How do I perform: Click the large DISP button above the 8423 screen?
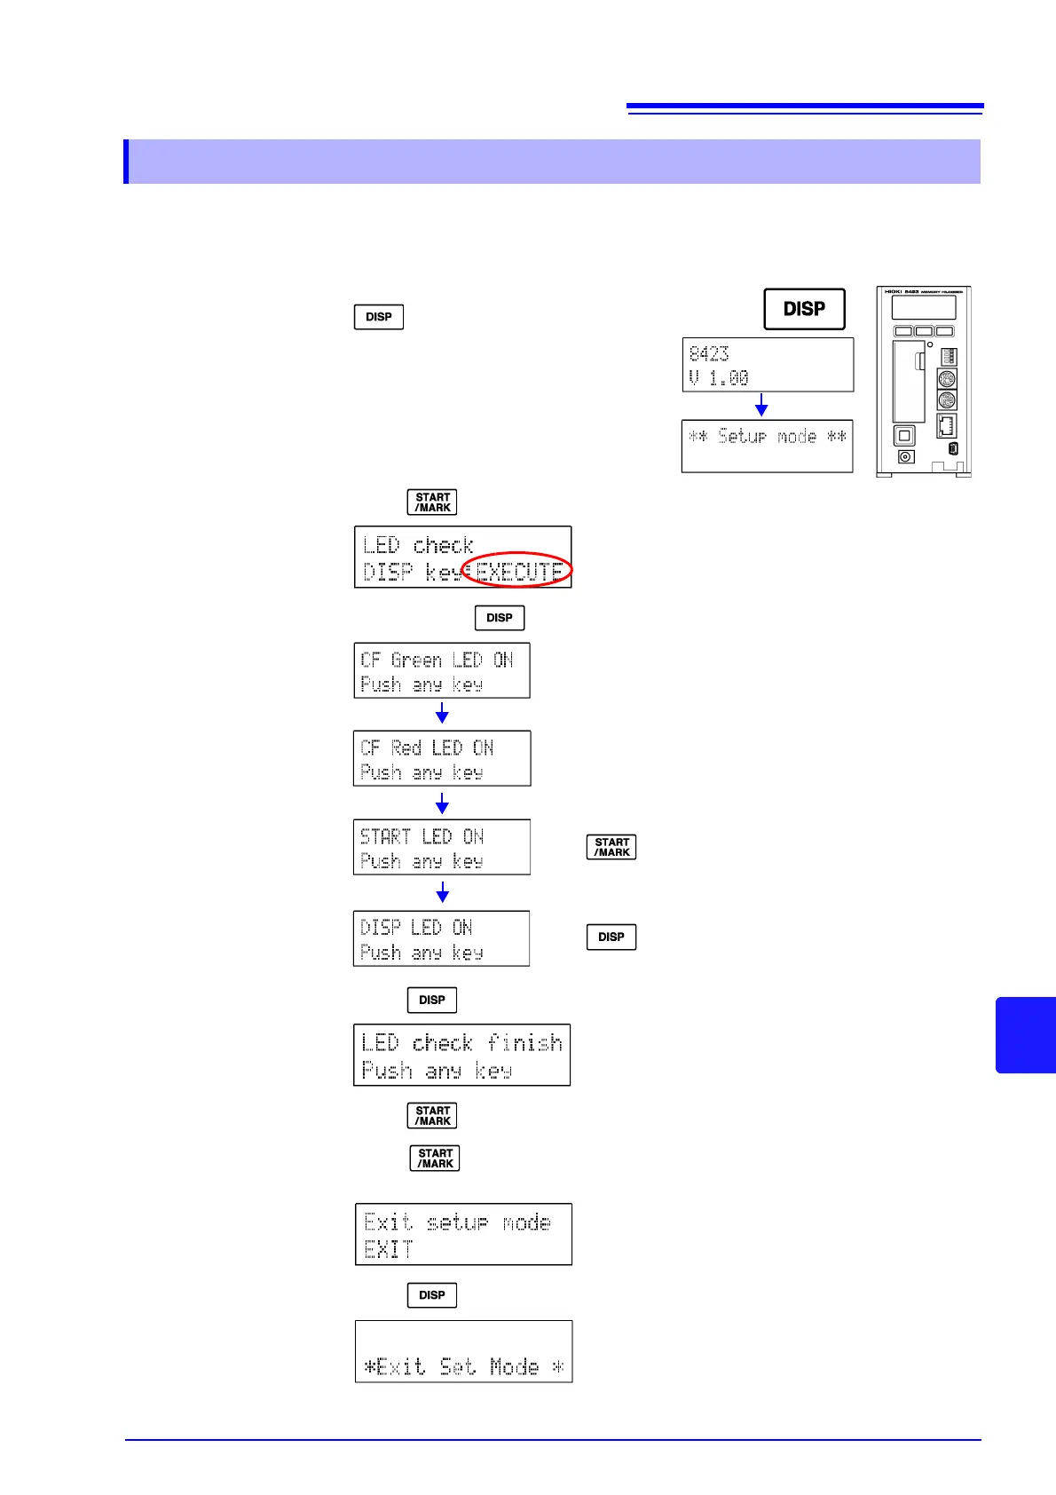click(x=804, y=309)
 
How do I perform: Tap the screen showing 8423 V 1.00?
click(x=768, y=365)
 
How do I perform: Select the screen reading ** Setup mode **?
click(x=767, y=446)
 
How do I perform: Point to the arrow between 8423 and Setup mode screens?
click(x=761, y=405)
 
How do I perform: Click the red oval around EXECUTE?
click(x=517, y=569)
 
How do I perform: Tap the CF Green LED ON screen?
click(x=442, y=670)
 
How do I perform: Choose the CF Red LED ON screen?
click(x=442, y=758)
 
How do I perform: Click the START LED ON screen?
click(x=442, y=847)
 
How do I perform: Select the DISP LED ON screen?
click(x=441, y=938)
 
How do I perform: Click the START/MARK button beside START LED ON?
click(x=611, y=847)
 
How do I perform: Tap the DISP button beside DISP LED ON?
click(x=611, y=937)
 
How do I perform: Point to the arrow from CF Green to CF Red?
click(x=442, y=713)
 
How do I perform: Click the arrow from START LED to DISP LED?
click(x=442, y=891)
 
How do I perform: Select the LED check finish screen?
click(x=461, y=1055)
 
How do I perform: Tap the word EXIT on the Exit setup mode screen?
click(x=389, y=1249)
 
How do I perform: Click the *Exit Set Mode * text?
click(x=463, y=1366)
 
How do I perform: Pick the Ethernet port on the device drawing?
click(x=947, y=424)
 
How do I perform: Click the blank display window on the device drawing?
click(x=924, y=307)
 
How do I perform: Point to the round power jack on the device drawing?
click(x=905, y=456)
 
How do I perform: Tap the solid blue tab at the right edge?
click(x=1026, y=1035)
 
